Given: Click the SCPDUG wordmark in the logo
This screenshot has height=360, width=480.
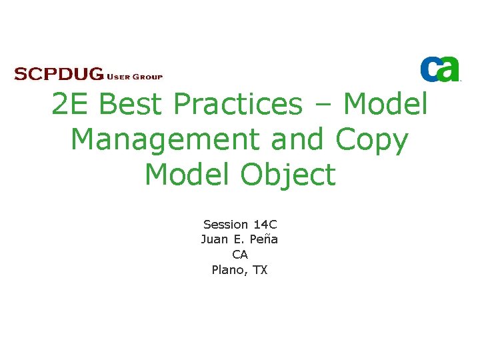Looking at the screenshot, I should pyautogui.click(x=59, y=74).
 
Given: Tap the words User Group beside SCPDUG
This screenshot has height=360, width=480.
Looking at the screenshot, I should pyautogui.click(x=134, y=76).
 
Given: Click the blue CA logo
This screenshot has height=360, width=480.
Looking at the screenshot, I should pyautogui.click(x=439, y=69).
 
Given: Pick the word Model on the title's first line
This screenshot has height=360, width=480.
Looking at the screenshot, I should pyautogui.click(x=385, y=104).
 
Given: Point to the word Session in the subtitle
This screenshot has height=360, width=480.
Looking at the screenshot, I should pyautogui.click(x=225, y=225).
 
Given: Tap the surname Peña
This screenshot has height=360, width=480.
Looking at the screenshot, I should pyautogui.click(x=263, y=239).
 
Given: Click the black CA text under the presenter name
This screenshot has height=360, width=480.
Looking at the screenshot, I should pyautogui.click(x=239, y=255).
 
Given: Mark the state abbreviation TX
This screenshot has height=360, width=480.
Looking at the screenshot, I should pyautogui.click(x=260, y=270).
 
